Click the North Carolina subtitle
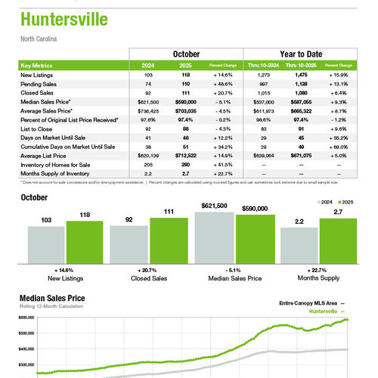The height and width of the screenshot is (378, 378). pyautogui.click(x=40, y=39)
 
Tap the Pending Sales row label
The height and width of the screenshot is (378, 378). pyautogui.click(x=39, y=84)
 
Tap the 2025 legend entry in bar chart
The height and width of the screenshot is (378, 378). pyautogui.click(x=347, y=203)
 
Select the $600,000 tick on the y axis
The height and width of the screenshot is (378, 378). pyautogui.click(x=26, y=318)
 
